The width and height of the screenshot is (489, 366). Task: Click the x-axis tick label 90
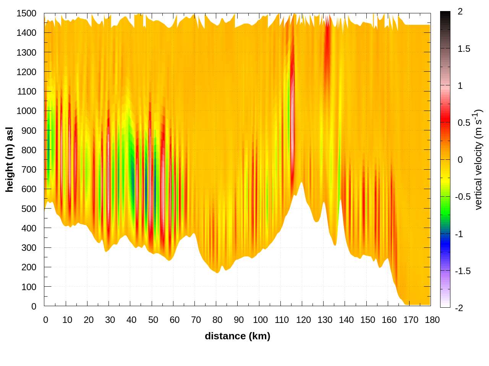pyautogui.click(x=239, y=320)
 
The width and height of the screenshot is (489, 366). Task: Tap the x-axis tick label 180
pyautogui.click(x=432, y=320)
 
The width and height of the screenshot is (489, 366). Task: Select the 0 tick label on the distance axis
pyautogui.click(x=45, y=320)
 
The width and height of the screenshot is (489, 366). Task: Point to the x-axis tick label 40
pyautogui.click(x=131, y=320)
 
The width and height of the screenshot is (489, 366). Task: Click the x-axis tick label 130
pyautogui.click(x=325, y=320)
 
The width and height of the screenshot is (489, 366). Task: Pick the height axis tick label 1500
pyautogui.click(x=26, y=13)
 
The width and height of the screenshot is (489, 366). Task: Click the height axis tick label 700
pyautogui.click(x=29, y=170)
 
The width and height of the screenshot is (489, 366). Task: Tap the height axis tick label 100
pyautogui.click(x=29, y=287)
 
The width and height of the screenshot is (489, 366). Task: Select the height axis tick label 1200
pyautogui.click(x=26, y=72)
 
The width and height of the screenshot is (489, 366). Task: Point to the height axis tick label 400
pyautogui.click(x=29, y=228)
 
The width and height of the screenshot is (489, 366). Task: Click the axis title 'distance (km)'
pyautogui.click(x=237, y=336)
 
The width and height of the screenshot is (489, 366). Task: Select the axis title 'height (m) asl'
pyautogui.click(x=10, y=159)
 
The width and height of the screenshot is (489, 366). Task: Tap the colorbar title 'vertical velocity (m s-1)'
pyautogui.click(x=478, y=159)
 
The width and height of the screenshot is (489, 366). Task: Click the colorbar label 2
pyautogui.click(x=460, y=12)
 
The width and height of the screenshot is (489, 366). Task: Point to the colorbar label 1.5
pyautogui.click(x=464, y=49)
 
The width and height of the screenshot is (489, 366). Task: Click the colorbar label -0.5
pyautogui.click(x=462, y=197)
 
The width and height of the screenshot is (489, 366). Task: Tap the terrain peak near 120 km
pyautogui.click(x=301, y=183)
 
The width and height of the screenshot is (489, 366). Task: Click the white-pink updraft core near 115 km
pyautogui.click(x=293, y=114)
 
